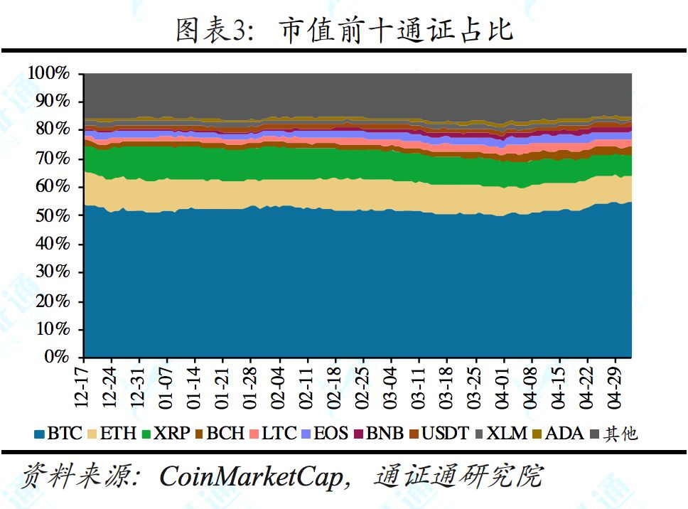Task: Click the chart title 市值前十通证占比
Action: click(x=396, y=31)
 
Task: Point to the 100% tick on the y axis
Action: click(x=49, y=73)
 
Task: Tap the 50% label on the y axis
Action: click(x=53, y=215)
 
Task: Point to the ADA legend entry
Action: click(x=558, y=433)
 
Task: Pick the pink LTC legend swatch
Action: click(x=254, y=433)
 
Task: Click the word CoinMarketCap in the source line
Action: click(x=251, y=477)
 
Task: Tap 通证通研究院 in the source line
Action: click(x=458, y=477)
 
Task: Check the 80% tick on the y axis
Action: click(x=53, y=130)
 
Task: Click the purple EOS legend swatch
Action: click(x=307, y=433)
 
